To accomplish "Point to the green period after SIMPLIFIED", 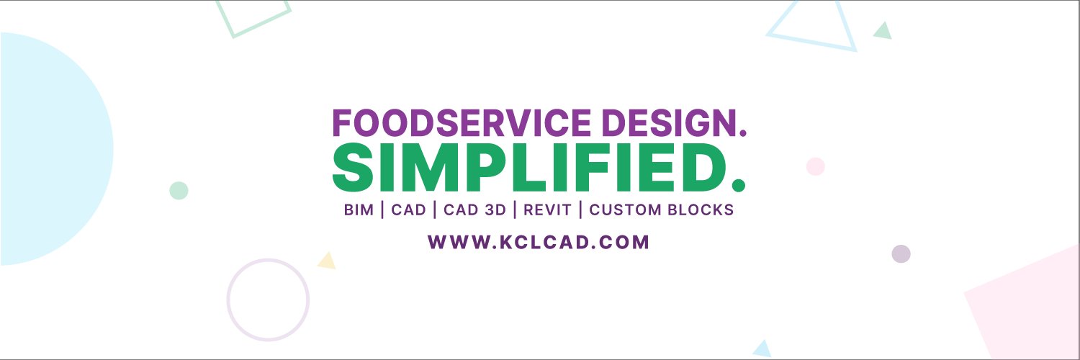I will pyautogui.click(x=737, y=185).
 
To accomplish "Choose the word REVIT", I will pyautogui.click(x=547, y=210).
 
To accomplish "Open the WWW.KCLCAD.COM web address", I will pyautogui.click(x=539, y=242).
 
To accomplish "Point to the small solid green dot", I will pyautogui.click(x=179, y=191).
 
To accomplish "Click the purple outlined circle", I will pyautogui.click(x=268, y=300).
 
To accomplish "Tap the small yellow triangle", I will pyautogui.click(x=328, y=261).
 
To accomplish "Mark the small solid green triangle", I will pyautogui.click(x=883, y=31).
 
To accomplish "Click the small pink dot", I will pyautogui.click(x=816, y=166).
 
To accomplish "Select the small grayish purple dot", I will pyautogui.click(x=901, y=253).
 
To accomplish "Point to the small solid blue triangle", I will pyautogui.click(x=762, y=349).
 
